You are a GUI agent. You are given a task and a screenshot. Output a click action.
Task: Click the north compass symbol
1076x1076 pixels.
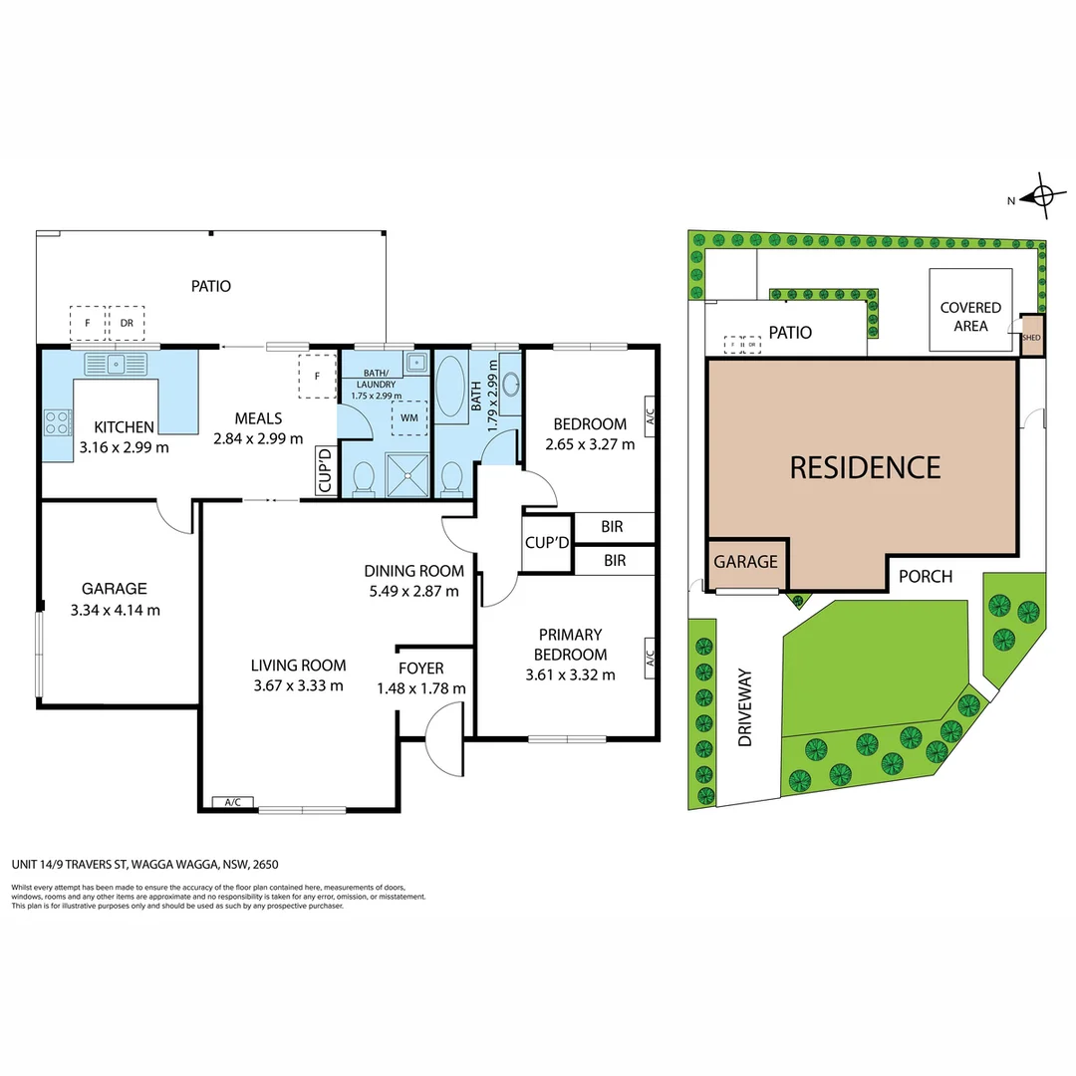coord(1042,196)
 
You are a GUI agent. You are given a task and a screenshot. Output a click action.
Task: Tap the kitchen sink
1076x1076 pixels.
coord(116,364)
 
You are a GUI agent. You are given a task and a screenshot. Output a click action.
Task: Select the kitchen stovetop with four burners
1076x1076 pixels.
coord(58,422)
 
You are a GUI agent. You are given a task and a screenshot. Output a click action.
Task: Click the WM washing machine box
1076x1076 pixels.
coord(409,417)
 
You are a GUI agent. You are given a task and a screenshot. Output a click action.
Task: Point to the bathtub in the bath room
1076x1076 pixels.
coord(450,385)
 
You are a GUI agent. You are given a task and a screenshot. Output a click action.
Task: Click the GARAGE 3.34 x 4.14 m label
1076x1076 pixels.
coord(115,599)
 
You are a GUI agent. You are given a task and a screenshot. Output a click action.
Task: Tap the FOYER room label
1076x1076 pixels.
coord(421,668)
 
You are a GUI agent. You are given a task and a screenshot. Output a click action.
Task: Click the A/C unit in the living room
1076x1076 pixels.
coord(232,802)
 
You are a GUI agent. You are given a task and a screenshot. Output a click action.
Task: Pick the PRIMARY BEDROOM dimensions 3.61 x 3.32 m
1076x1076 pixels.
coord(570,674)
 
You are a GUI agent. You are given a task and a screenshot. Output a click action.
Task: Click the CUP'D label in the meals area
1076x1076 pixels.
coord(325,470)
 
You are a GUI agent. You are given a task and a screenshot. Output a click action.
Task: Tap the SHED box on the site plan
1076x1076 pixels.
coord(1031,337)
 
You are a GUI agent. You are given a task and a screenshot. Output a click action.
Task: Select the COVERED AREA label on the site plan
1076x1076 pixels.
coord(970,317)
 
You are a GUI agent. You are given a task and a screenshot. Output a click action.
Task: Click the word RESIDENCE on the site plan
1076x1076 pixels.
coord(866,468)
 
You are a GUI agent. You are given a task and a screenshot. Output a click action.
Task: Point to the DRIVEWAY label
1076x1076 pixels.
coord(745,707)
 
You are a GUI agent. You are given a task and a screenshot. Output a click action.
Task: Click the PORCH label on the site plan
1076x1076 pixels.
coord(925,577)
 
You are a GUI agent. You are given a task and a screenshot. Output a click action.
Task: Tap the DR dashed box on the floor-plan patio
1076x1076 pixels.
coord(127,323)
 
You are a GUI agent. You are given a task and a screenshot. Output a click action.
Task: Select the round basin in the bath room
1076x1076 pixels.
coord(510,385)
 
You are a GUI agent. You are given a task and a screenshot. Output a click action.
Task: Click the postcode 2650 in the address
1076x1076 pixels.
coord(266,865)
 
